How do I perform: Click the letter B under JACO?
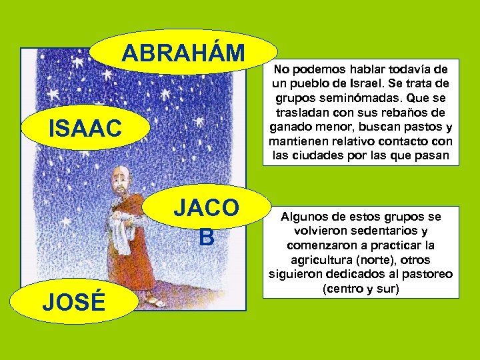206,237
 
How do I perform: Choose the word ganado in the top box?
291,127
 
